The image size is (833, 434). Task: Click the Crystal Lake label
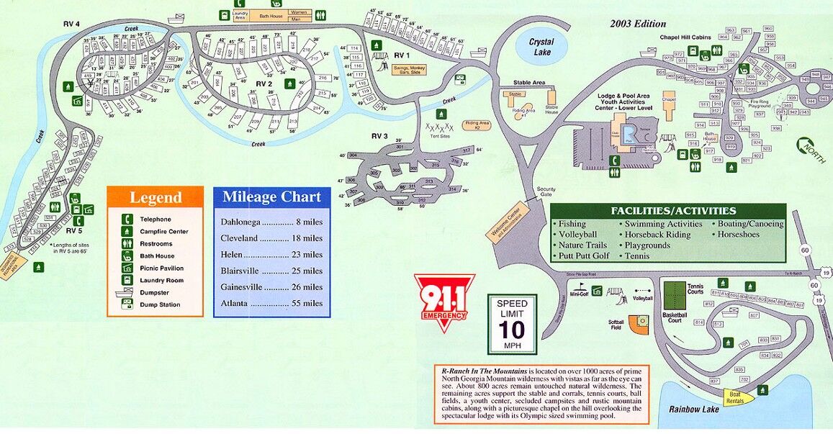pyautogui.click(x=541, y=47)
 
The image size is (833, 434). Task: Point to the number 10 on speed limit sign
pyautogui.click(x=512, y=330)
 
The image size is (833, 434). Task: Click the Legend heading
pyautogui.click(x=156, y=198)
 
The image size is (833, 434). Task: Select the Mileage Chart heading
pyautogui.click(x=272, y=197)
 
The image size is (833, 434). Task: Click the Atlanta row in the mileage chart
pyautogui.click(x=272, y=303)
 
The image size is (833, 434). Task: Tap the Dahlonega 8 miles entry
pyautogui.click(x=272, y=222)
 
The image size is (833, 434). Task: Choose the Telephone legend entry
pyautogui.click(x=156, y=219)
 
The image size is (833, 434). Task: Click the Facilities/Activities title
pyautogui.click(x=673, y=211)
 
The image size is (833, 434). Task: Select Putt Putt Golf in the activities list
pyautogui.click(x=584, y=256)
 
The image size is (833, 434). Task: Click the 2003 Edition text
pyautogui.click(x=638, y=24)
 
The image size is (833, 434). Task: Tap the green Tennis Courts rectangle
pyautogui.click(x=675, y=296)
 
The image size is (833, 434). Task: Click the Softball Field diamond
pyautogui.click(x=638, y=324)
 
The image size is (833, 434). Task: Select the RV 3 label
pyautogui.click(x=379, y=136)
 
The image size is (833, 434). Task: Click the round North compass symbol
pyautogui.click(x=809, y=148)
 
